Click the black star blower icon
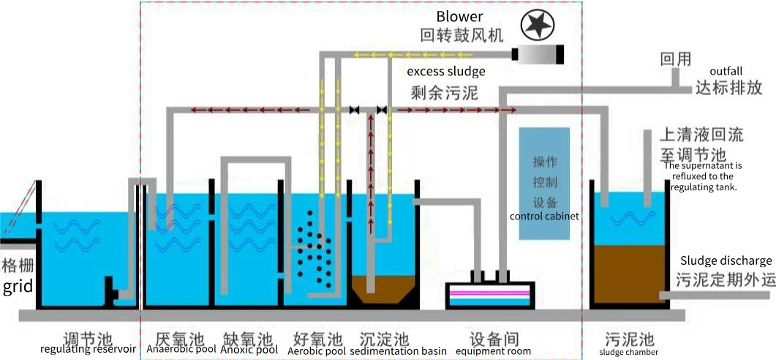(538, 26)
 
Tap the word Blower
(459, 16)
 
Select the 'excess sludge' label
(446, 71)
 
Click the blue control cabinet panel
(544, 184)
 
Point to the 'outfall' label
(726, 71)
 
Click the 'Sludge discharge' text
(726, 260)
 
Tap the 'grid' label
(18, 287)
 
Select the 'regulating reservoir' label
(88, 349)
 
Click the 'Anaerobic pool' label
(181, 349)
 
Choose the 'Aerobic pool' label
(317, 350)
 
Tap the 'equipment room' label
(493, 351)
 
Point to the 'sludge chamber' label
(628, 352)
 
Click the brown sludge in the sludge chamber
(629, 274)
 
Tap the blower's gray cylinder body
(538, 54)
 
